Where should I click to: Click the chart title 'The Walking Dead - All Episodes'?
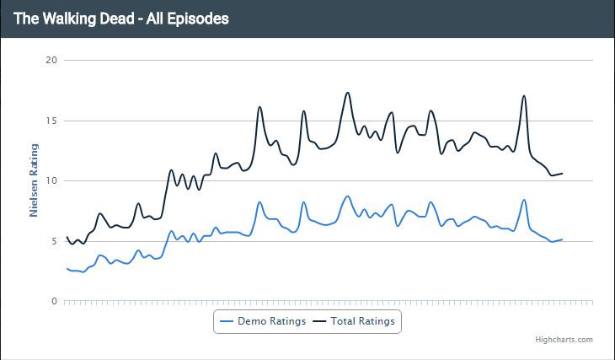(x=121, y=18)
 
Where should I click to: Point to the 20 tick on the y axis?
(x=51, y=60)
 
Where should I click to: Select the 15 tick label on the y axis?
(x=51, y=121)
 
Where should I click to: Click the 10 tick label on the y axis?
(x=51, y=180)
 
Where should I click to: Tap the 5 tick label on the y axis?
(x=54, y=241)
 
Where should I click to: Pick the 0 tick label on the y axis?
(x=54, y=301)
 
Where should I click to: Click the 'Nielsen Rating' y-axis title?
(x=35, y=180)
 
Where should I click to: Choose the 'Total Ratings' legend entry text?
(x=362, y=321)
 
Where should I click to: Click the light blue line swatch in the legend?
(x=226, y=321)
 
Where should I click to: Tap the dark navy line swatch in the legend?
(x=319, y=321)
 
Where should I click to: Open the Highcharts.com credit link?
(x=564, y=340)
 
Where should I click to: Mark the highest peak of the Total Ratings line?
(x=348, y=93)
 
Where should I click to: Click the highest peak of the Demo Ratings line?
(x=348, y=196)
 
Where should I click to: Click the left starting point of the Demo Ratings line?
(x=67, y=268)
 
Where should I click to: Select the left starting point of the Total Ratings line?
(x=67, y=237)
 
